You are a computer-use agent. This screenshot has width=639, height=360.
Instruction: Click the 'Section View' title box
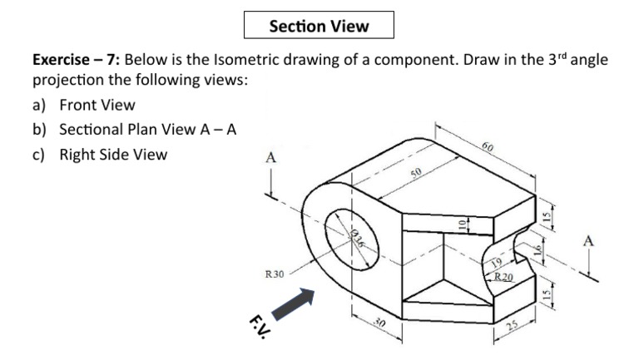pos(319,26)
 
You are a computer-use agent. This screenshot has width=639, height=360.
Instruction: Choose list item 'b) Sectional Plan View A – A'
pos(136,129)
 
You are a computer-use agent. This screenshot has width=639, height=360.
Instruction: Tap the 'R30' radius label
pos(274,273)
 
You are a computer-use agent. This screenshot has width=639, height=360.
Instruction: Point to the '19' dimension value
pos(498,264)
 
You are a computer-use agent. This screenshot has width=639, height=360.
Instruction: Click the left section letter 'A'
pos(270,157)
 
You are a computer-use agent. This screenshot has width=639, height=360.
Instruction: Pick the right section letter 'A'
pos(588,241)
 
